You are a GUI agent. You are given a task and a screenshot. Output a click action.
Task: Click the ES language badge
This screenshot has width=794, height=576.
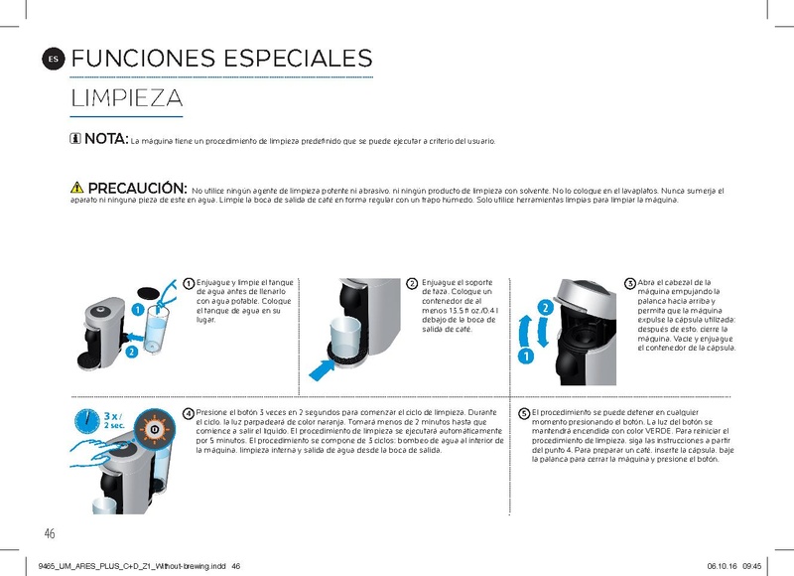click(x=54, y=60)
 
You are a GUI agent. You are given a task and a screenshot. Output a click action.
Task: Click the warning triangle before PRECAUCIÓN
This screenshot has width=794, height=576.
click(x=76, y=188)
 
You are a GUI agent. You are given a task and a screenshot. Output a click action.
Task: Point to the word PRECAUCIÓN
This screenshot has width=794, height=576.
click(x=138, y=188)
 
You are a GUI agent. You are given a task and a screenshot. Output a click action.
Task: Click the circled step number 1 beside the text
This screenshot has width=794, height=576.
click(x=189, y=283)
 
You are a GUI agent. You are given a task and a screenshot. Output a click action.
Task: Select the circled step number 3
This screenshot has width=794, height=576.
click(x=629, y=283)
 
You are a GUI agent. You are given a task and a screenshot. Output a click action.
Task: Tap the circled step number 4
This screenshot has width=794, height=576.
click(x=189, y=412)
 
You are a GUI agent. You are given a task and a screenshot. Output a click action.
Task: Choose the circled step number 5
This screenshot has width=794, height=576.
click(x=523, y=412)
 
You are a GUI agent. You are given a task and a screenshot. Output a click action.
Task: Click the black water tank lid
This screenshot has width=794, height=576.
click(x=148, y=294)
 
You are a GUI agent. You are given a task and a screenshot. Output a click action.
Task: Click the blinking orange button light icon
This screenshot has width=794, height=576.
click(x=154, y=427)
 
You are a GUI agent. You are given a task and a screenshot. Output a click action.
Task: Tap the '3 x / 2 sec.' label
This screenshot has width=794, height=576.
click(x=113, y=419)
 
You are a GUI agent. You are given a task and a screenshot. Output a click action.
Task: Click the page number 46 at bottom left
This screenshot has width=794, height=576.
click(x=50, y=534)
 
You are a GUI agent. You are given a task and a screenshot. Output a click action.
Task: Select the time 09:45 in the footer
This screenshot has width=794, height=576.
click(x=750, y=566)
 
